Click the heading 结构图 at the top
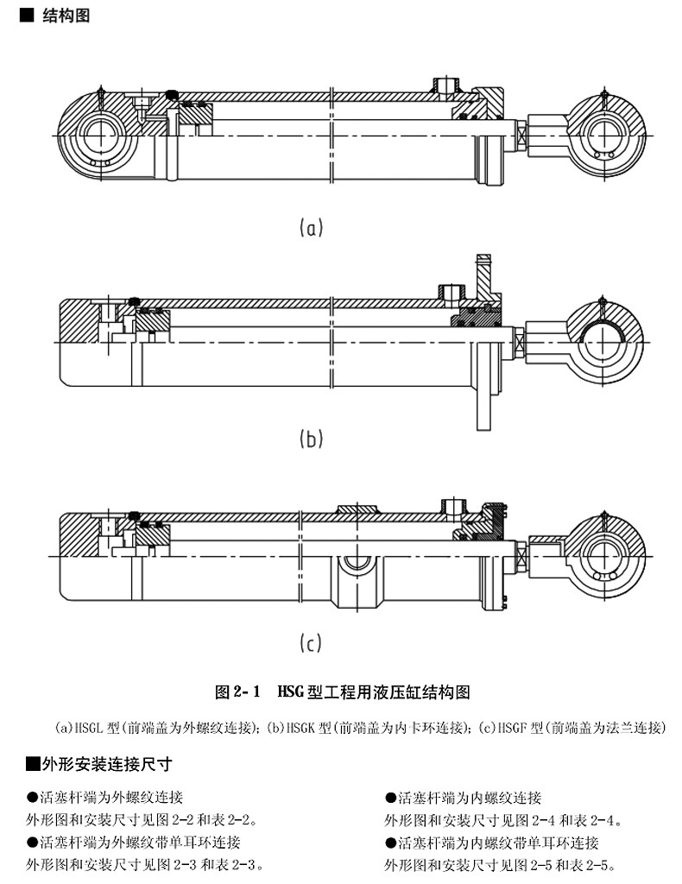click(65, 16)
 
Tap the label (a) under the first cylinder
click(311, 228)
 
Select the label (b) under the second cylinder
click(311, 439)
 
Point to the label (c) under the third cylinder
click(311, 643)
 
